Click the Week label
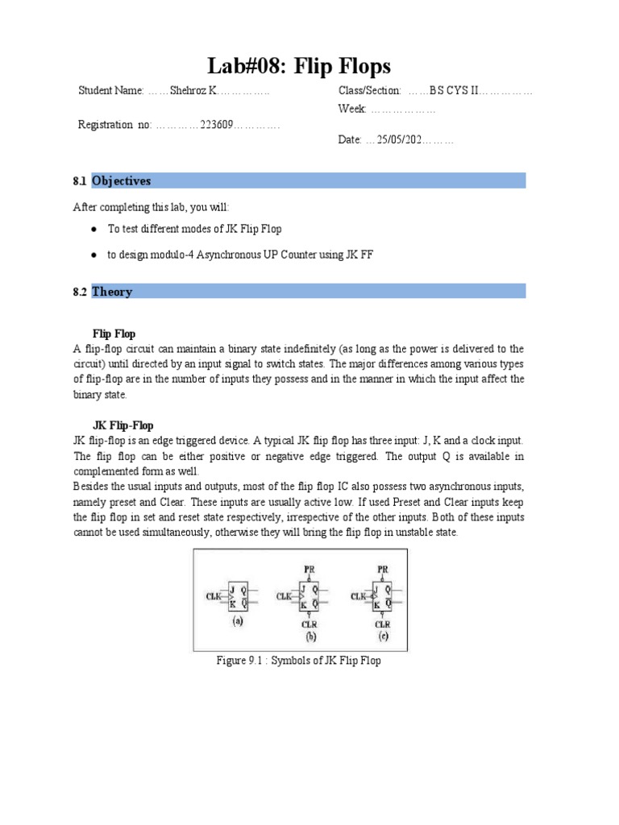(x=352, y=108)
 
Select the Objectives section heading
(x=121, y=180)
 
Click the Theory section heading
(x=112, y=292)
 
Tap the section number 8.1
(x=79, y=181)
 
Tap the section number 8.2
(x=79, y=292)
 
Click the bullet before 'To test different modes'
(x=94, y=230)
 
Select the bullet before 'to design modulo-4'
(x=94, y=255)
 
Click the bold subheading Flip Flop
(x=114, y=334)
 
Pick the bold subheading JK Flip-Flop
(x=123, y=425)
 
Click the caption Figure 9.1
(x=298, y=661)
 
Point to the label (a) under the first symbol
(x=238, y=623)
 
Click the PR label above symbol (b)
(x=309, y=568)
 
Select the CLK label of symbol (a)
(x=214, y=596)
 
